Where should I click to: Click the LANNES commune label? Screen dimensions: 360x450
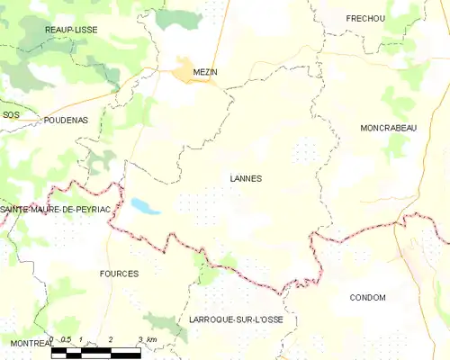tap(245, 178)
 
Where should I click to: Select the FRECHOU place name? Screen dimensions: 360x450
tap(365, 18)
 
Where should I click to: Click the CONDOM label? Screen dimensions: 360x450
tap(367, 298)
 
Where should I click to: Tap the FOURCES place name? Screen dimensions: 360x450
tap(120, 274)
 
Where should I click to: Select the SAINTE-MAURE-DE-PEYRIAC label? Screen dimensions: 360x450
tap(56, 210)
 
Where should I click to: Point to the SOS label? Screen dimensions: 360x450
tap(11, 115)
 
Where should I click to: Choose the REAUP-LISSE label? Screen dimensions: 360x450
tap(71, 30)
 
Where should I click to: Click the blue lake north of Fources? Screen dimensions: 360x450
tap(144, 206)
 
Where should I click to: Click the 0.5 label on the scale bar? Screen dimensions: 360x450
tap(66, 339)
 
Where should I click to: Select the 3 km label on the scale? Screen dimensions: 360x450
tap(148, 339)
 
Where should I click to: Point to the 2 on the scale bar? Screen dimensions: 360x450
tap(110, 339)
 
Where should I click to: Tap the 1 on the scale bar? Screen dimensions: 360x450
tap(81, 339)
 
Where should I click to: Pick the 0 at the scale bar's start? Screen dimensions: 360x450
tap(53, 339)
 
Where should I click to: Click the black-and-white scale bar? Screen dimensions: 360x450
tap(95, 352)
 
